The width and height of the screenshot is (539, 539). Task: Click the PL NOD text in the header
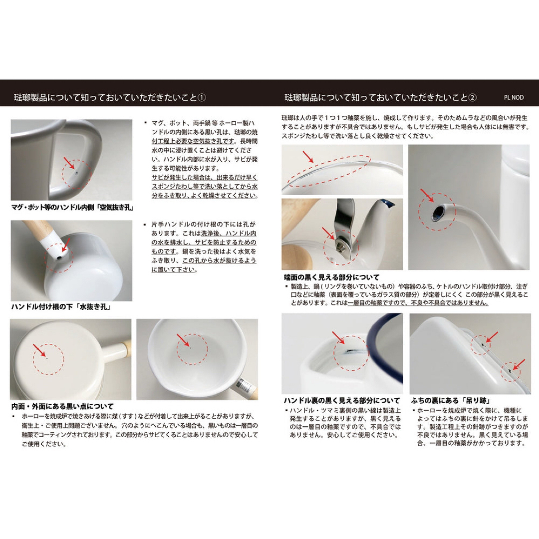coord(514,98)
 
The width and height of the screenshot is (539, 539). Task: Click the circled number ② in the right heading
coord(472,97)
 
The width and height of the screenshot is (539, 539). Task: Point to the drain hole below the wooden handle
coord(58,258)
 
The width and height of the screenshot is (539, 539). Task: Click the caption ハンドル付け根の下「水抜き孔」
coord(60,307)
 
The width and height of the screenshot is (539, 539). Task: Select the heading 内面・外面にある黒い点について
coord(62,406)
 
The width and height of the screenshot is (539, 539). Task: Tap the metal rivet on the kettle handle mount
coord(340,244)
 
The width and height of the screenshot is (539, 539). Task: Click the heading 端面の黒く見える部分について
coord(331,277)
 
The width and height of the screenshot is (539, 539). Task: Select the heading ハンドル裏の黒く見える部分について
coord(342,401)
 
